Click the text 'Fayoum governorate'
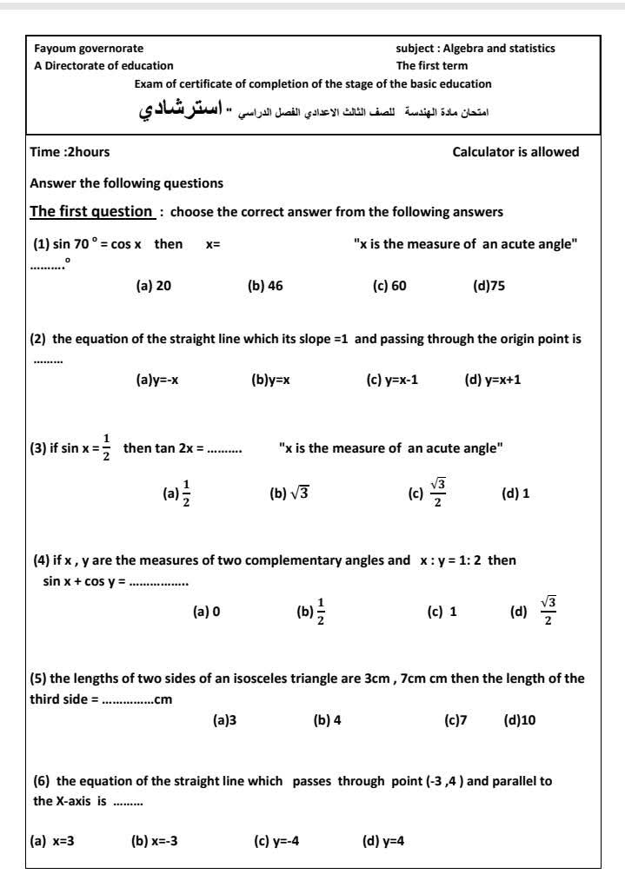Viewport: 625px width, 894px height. [89, 49]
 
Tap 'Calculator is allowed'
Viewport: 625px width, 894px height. [515, 152]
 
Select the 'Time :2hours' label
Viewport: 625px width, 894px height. [70, 152]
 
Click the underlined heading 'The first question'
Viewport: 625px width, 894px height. [91, 211]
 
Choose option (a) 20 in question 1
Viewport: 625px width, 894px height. [154, 286]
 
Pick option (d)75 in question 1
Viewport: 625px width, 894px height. [489, 286]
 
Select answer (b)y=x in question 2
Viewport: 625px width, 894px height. [270, 380]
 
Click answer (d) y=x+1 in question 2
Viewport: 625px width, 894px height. [493, 380]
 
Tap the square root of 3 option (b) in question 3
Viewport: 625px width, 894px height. [289, 493]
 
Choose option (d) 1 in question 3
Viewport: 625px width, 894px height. [516, 493]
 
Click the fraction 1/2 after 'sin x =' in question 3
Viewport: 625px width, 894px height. [107, 447]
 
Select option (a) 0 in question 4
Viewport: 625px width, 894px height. [206, 612]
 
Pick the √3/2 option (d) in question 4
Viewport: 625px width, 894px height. [534, 611]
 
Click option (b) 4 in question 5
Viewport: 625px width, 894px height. [327, 720]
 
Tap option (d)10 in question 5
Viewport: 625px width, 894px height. [520, 720]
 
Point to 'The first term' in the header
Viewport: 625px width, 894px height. [432, 65]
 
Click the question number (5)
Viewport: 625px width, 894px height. [39, 679]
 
